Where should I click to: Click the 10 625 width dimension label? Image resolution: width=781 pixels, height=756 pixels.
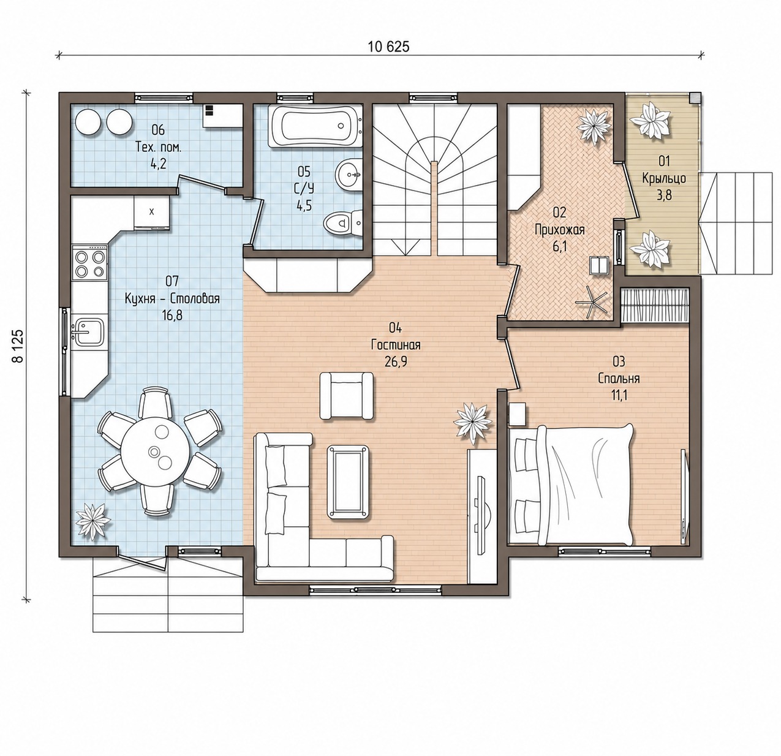[389, 47]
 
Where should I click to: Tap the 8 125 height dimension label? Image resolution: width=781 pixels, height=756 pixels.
[18, 347]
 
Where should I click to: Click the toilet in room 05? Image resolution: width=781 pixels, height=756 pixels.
[342, 222]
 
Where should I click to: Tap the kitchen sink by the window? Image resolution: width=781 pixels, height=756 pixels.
[88, 331]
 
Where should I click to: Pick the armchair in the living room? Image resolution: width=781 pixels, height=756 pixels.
[346, 396]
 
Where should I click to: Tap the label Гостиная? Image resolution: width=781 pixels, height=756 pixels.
[396, 345]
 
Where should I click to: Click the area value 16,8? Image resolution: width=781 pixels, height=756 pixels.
[172, 315]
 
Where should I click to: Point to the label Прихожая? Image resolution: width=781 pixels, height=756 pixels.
[560, 230]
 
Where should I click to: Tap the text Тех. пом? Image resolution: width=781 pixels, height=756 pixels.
[159, 148]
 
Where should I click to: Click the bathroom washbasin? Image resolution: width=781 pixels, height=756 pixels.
[348, 174]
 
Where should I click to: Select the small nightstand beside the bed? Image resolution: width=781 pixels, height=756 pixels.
[517, 414]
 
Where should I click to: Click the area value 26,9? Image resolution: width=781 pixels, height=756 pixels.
[396, 361]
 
